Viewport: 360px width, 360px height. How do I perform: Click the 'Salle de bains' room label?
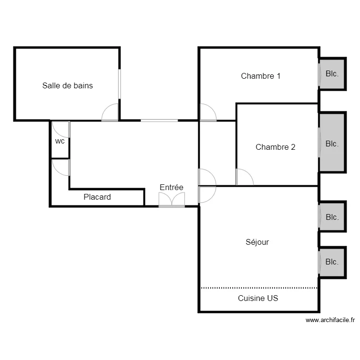68,85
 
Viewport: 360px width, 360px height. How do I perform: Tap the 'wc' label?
60,141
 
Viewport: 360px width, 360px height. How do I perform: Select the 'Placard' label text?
97,197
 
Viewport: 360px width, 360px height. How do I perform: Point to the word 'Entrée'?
171,187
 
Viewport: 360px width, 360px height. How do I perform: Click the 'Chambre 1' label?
261,76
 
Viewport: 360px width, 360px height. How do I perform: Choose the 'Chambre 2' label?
276,147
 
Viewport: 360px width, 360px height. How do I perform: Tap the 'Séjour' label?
257,242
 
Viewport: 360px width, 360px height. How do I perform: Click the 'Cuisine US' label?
258,298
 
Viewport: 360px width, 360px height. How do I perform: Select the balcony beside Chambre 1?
332,74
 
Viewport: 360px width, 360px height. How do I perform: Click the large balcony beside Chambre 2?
332,143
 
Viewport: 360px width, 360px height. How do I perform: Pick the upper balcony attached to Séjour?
332,216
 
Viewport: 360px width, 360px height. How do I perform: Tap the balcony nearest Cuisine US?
332,263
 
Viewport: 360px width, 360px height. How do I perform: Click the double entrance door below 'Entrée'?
172,200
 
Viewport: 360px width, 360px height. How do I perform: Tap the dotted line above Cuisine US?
259,288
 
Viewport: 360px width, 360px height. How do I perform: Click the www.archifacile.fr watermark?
330,320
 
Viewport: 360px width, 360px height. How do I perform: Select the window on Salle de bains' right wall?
120,84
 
